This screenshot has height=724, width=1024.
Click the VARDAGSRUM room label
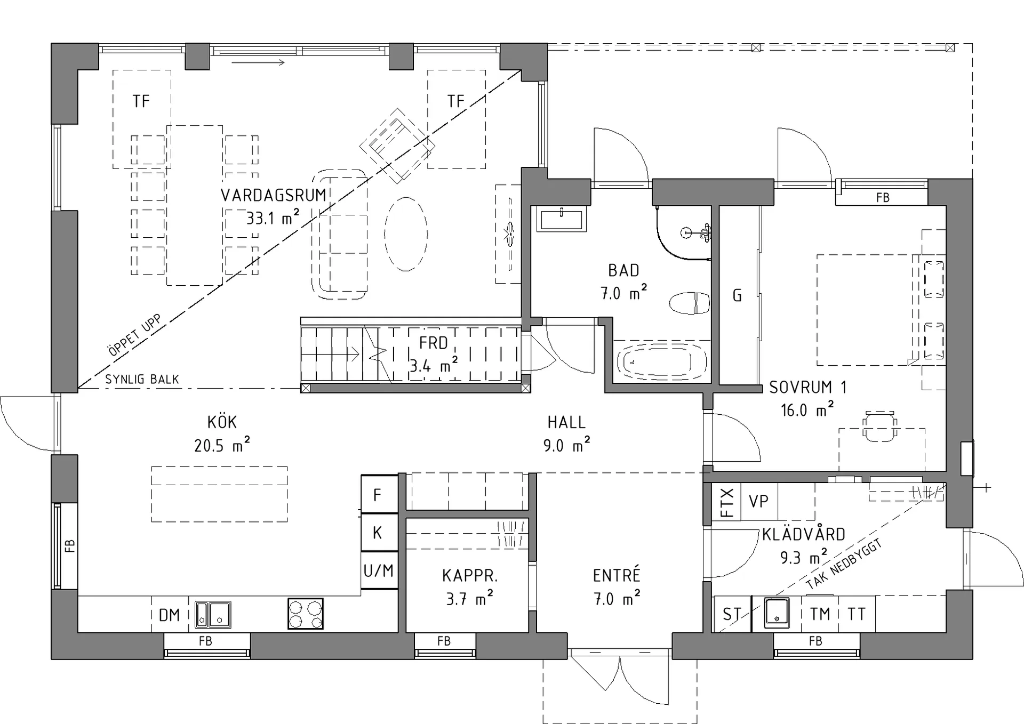pos(273,195)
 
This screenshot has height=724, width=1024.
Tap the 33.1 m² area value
pos(273,217)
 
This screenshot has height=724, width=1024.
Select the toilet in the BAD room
pos(689,303)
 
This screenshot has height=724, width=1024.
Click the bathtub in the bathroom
pos(662,362)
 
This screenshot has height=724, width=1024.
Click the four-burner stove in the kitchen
pos(305,613)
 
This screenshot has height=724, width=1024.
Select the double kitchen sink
pos(213,614)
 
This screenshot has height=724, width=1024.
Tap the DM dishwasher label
pos(170,615)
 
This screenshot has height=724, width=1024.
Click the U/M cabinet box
pos(379,570)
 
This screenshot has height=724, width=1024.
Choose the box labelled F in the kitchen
pos(379,494)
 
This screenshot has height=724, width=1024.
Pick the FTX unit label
pos(726,502)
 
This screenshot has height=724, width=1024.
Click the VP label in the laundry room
pos(758,501)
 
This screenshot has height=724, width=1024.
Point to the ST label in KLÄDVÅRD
pos(731,615)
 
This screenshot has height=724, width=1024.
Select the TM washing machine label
pos(820,614)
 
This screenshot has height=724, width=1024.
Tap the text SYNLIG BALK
pos(142,379)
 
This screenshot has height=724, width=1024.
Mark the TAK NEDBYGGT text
pos(844,564)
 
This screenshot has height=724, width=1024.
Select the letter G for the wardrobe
pos(738,295)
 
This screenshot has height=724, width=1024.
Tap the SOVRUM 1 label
pos(807,387)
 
